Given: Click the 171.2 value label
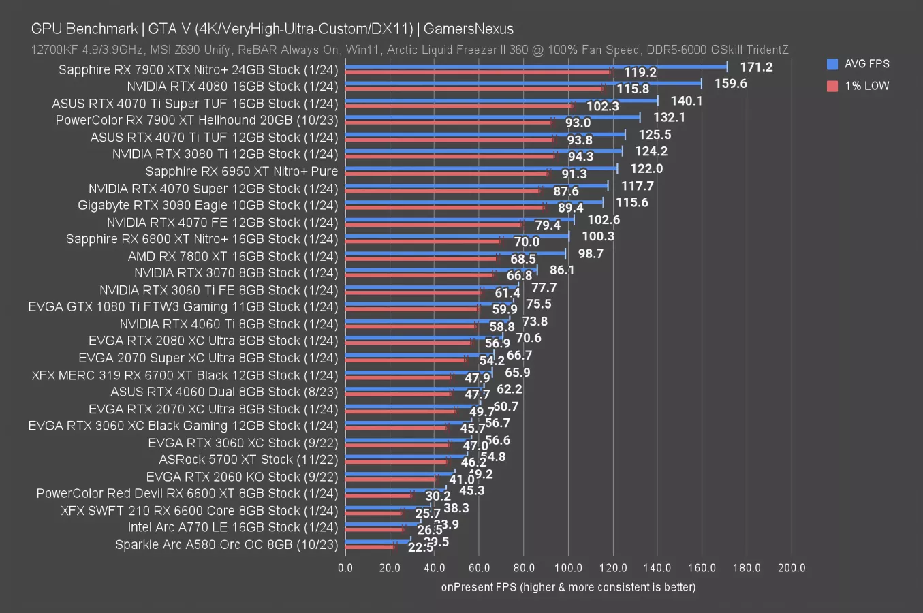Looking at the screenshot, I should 757,67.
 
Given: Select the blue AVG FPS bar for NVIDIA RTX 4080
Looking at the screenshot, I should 523,83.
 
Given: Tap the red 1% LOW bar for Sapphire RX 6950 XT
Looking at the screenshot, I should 446,174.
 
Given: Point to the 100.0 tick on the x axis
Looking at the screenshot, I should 568,568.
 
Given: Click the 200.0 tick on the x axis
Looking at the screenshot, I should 791,568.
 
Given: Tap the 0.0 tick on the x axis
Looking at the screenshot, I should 345,568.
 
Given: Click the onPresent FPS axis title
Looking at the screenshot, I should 568,587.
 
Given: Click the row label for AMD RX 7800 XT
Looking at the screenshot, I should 232,256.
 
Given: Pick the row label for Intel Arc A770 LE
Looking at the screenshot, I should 232,527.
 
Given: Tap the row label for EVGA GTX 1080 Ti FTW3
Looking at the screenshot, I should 183,307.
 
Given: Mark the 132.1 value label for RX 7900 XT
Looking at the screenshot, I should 669,117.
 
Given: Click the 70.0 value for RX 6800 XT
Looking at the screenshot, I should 527,242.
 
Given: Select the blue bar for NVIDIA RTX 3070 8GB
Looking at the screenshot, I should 441,270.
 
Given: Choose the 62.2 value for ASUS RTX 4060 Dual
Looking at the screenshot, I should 509,390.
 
